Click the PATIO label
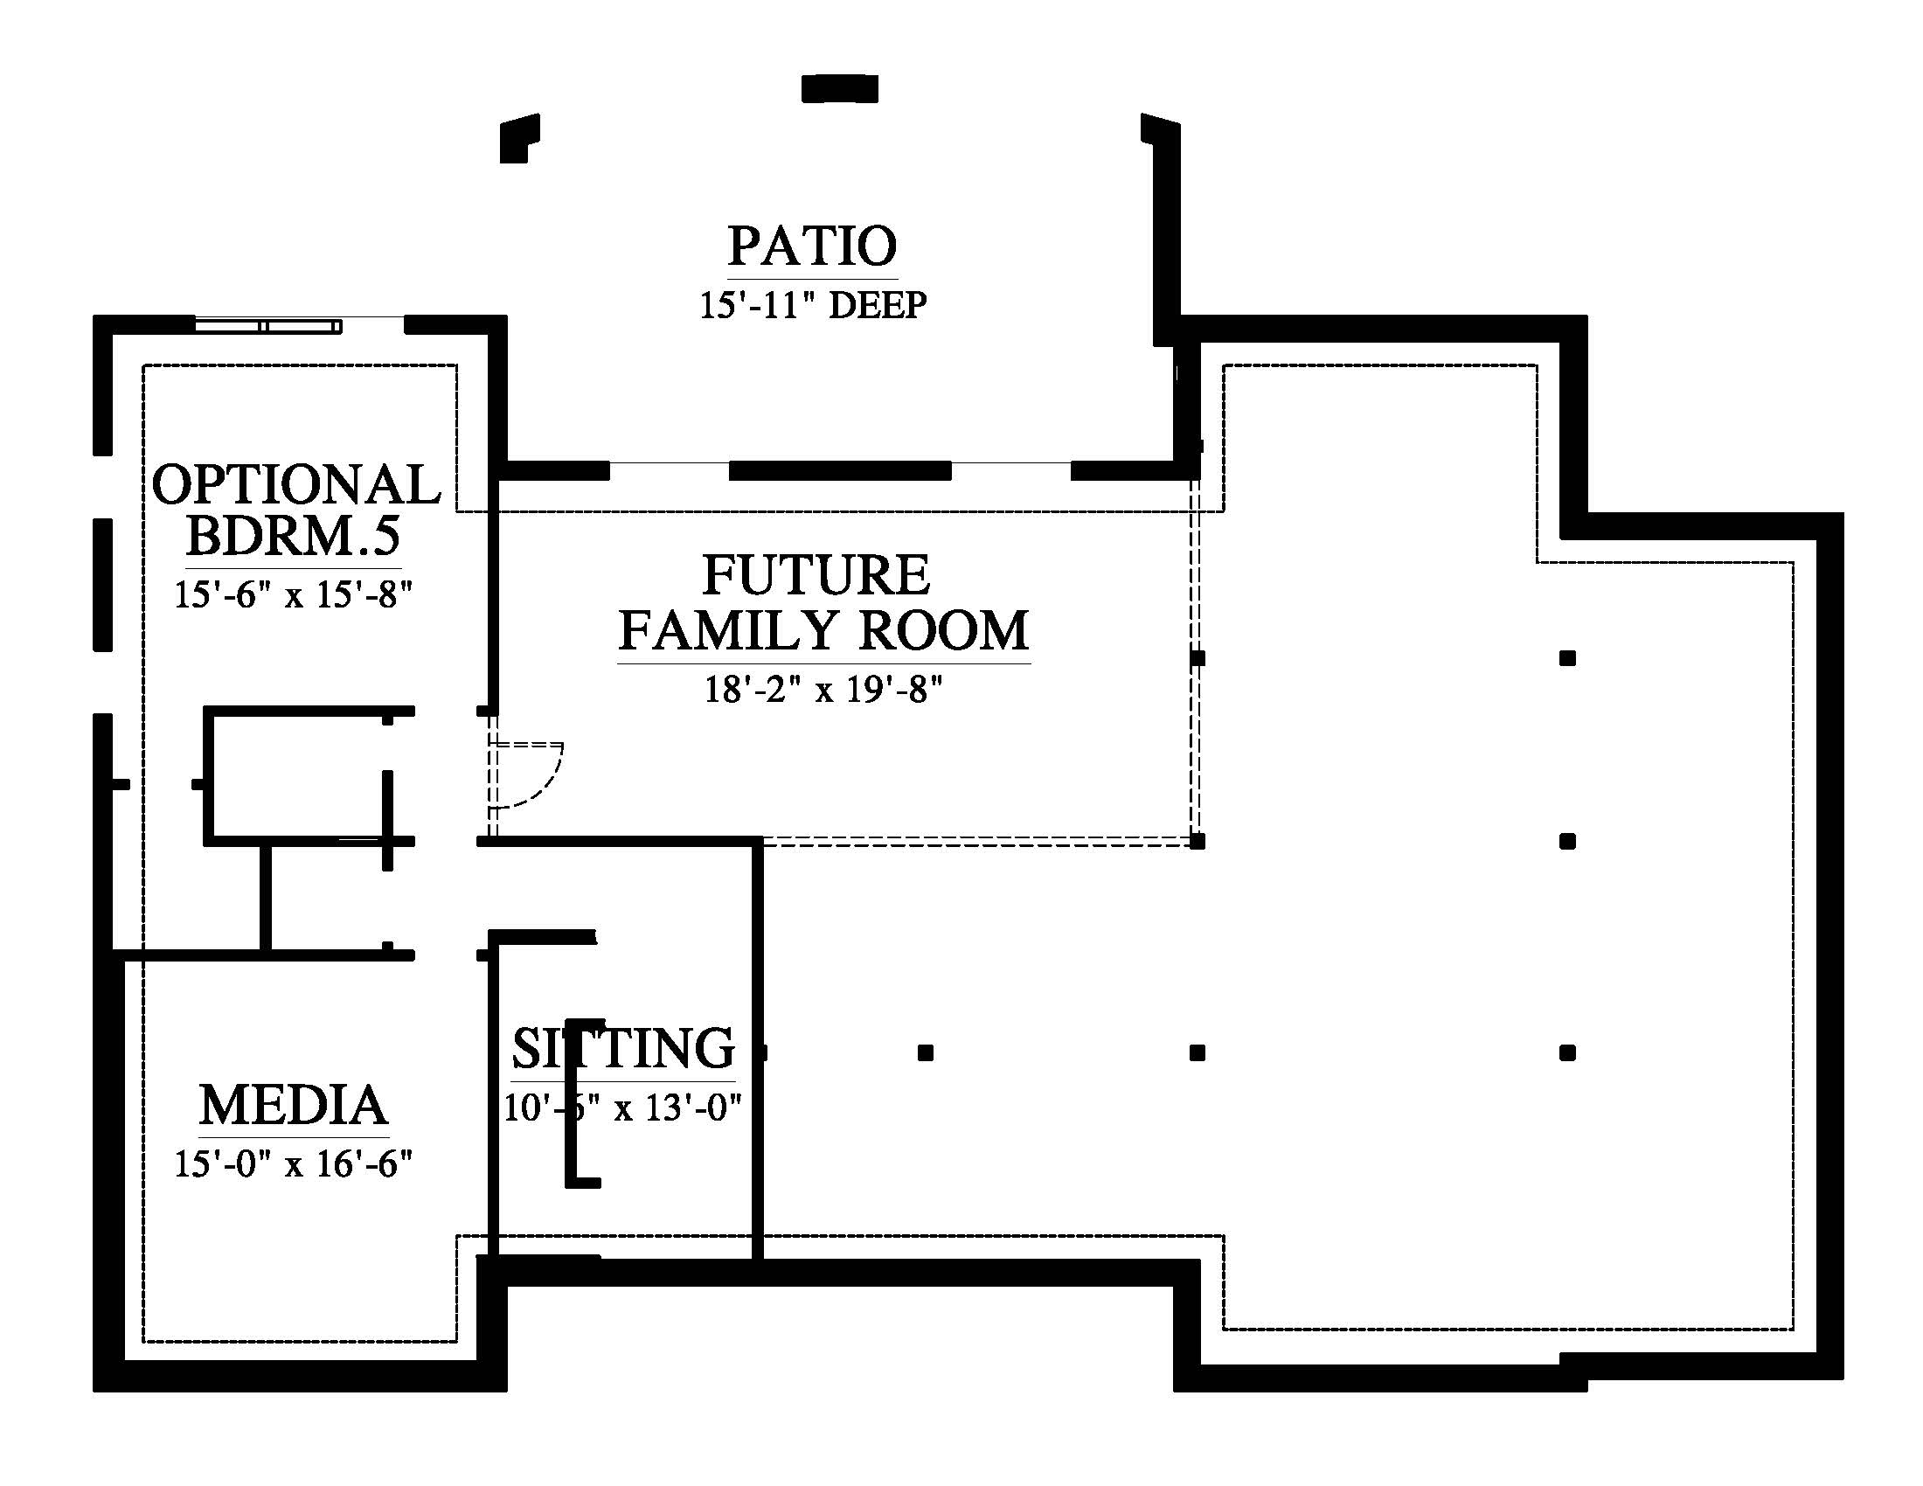[812, 247]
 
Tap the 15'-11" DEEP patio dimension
[813, 305]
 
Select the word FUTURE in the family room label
[816, 575]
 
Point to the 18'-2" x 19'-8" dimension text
[823, 691]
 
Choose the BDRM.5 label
[293, 535]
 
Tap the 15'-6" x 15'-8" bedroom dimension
[293, 595]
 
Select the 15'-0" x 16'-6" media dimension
[293, 1164]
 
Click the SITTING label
[623, 1047]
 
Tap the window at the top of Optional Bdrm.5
[267, 327]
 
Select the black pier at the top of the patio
[840, 89]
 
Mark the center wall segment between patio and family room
[840, 471]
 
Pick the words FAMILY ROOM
[823, 630]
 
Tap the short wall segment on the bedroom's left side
[103, 585]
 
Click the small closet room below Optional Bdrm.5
[296, 775]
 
